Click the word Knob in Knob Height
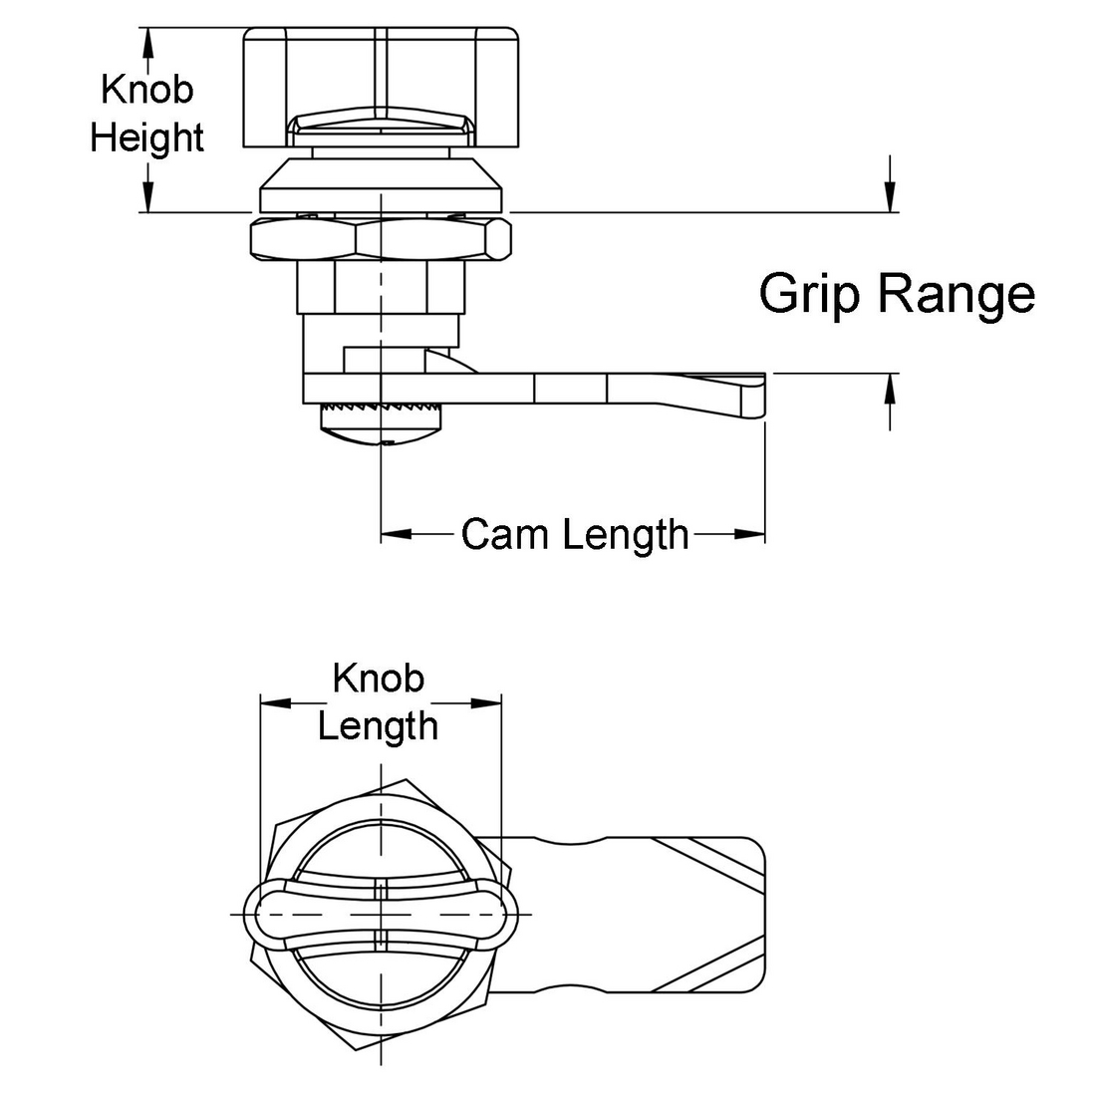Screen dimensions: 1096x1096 [x=146, y=89]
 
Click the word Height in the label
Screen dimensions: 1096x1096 [x=146, y=137]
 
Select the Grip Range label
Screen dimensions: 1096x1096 [x=897, y=294]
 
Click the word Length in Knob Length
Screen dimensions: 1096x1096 [x=378, y=725]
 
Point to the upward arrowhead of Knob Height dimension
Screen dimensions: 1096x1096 [x=148, y=38]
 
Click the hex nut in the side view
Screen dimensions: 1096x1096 [x=381, y=240]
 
